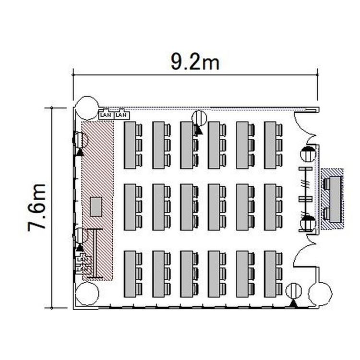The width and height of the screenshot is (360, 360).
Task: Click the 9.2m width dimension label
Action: pos(195,62)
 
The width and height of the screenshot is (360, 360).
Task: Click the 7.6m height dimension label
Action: pos(37,207)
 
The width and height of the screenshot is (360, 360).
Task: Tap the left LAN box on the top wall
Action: pos(106,115)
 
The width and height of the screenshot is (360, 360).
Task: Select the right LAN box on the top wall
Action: pos(121,115)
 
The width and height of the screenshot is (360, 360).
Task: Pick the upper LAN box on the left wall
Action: pos(83,259)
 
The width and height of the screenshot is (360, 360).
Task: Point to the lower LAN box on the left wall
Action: pos(83,268)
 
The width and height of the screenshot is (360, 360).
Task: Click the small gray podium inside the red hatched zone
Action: pos(96,206)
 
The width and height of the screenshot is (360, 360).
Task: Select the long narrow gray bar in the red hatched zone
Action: pos(95,253)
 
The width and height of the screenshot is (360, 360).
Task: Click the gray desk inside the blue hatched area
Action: pos(335,199)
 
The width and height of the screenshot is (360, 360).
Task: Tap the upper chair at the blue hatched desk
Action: pos(326,184)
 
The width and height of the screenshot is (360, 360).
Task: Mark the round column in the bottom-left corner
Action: pos(87,294)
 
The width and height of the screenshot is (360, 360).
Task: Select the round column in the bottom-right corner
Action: pos(320,294)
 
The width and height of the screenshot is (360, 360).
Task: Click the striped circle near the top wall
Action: pos(199,118)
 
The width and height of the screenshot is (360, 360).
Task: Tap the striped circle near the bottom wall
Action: pos(293,291)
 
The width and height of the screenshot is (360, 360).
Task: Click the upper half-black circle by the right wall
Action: pos(308,154)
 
